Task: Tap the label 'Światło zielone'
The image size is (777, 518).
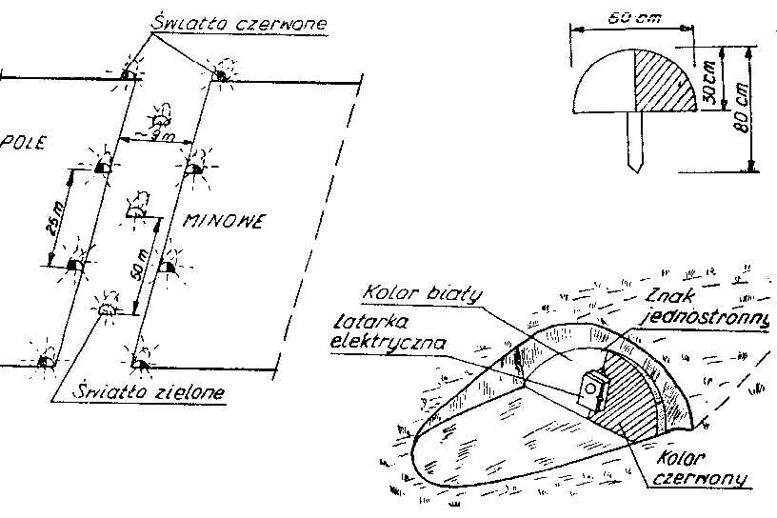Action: (138, 391)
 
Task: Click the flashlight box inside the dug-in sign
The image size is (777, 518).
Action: (594, 388)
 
